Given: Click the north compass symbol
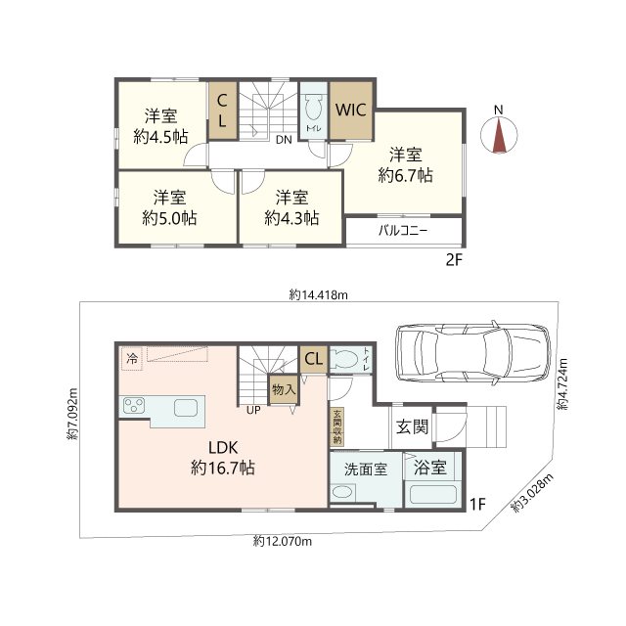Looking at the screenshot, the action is (499, 134).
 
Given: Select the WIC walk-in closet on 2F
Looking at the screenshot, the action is (351, 111).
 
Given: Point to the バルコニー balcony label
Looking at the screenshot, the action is (403, 231).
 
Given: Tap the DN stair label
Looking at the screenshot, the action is (284, 140).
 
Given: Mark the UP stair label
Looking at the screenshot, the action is (253, 410).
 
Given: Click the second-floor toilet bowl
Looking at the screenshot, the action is (313, 107).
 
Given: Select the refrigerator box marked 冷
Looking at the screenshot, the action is (132, 359).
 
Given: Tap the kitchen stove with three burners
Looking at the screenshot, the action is (134, 406).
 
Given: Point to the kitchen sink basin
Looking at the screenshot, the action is (186, 408).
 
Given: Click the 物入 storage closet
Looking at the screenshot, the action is (284, 389).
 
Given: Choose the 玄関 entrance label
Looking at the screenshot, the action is (413, 427).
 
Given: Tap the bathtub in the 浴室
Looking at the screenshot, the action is (433, 494).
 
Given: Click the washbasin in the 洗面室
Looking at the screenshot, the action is (343, 491).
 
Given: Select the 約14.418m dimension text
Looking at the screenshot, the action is (319, 295).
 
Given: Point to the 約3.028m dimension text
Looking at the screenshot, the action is (532, 493).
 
